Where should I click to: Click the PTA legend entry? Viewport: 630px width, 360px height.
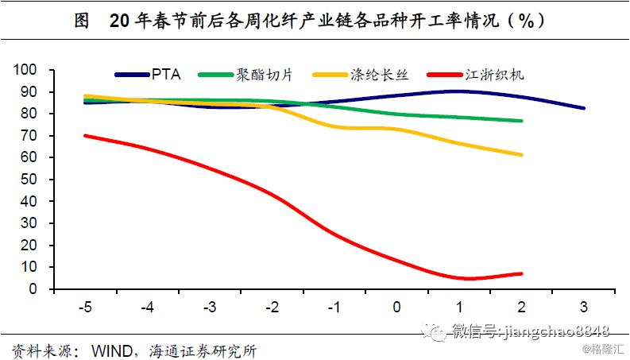[x=166, y=75]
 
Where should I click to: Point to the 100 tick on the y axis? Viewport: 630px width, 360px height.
[x=27, y=70]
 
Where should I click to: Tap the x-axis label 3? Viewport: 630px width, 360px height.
[x=584, y=308]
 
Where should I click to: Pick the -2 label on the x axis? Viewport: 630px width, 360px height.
[x=272, y=308]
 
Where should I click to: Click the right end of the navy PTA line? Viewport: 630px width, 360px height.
[x=585, y=108]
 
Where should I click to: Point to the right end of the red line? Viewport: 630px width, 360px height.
[x=522, y=273]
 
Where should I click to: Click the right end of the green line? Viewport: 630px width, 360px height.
[x=522, y=121]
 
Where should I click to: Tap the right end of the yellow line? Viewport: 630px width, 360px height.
[x=522, y=155]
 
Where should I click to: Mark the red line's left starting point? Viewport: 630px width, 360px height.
[x=84, y=135]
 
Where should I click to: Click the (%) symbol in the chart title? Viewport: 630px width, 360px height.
[x=525, y=21]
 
